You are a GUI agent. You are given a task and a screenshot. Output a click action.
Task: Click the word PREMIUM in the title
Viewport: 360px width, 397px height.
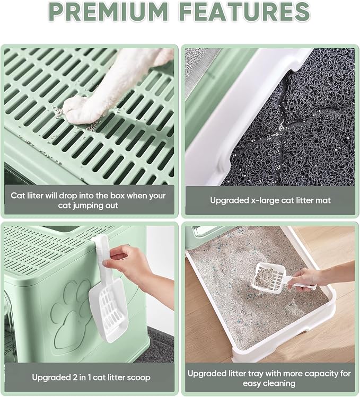pyautogui.click(x=108, y=12)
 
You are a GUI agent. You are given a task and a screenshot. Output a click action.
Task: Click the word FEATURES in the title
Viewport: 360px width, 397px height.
pyautogui.click(x=244, y=12)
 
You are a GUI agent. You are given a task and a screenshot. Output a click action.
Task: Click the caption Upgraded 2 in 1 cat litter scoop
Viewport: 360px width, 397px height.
pyautogui.click(x=91, y=377)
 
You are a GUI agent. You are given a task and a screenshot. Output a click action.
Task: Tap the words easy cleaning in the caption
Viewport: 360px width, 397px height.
pyautogui.click(x=269, y=384)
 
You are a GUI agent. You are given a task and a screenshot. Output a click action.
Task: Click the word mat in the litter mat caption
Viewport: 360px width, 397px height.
pyautogui.click(x=323, y=200)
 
